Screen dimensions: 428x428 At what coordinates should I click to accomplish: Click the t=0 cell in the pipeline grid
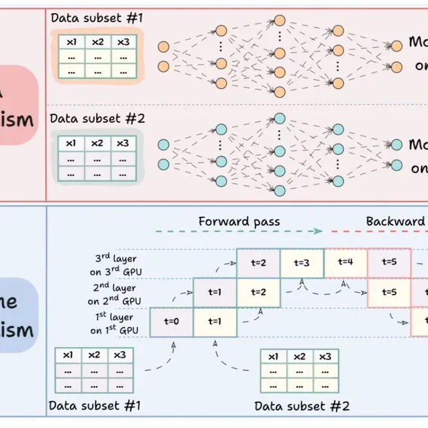click(171, 321)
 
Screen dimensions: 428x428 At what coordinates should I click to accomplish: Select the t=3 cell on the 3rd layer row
click(302, 263)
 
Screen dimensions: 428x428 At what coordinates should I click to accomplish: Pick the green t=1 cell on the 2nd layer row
click(215, 292)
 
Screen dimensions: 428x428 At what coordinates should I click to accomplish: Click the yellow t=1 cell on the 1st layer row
click(215, 321)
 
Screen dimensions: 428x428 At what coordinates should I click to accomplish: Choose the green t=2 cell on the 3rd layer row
click(258, 263)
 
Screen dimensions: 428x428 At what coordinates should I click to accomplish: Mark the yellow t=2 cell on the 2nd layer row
click(258, 292)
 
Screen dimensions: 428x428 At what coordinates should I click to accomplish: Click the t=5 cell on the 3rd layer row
click(389, 263)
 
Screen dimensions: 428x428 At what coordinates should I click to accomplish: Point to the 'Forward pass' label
click(239, 222)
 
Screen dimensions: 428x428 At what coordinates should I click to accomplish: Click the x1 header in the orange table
click(72, 42)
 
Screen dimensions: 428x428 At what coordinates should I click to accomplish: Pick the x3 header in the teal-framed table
click(122, 143)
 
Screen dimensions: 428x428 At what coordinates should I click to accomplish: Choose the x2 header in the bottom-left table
click(94, 355)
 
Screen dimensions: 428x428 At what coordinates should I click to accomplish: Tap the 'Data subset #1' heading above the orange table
click(96, 18)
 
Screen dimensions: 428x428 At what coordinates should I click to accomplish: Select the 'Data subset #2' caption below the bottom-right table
click(302, 406)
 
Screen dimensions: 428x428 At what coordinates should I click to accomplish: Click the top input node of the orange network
click(163, 47)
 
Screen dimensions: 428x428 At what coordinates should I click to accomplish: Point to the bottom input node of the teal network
click(163, 163)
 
